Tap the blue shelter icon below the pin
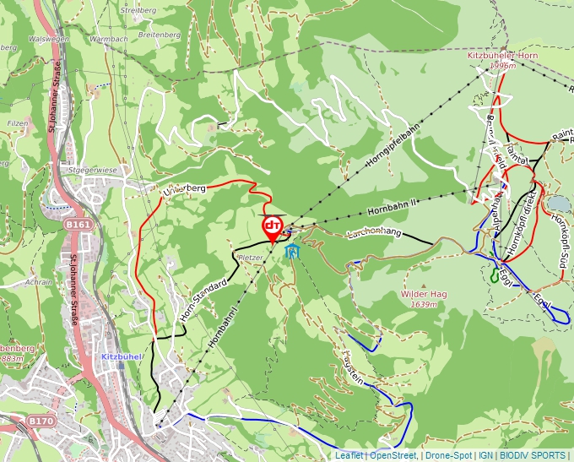(292, 251)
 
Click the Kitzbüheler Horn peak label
(502, 56)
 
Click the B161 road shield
(78, 225)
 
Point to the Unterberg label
(183, 192)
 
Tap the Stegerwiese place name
(92, 170)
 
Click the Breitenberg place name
(158, 35)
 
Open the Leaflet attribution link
(349, 455)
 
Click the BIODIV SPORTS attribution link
(533, 455)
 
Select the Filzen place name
(18, 123)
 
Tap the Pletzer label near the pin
(251, 256)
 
